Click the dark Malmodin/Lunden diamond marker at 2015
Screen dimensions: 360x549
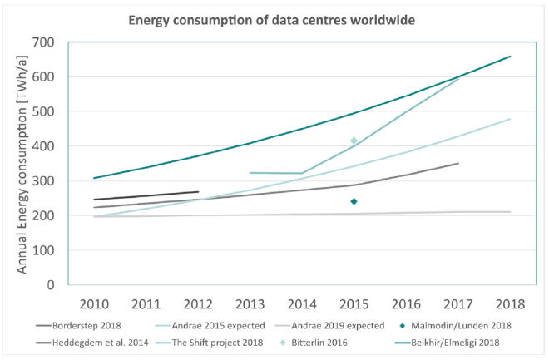354,201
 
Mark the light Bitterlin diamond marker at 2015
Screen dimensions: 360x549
354,141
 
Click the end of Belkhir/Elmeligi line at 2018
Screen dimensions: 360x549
510,57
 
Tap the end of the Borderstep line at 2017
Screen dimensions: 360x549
457,163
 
